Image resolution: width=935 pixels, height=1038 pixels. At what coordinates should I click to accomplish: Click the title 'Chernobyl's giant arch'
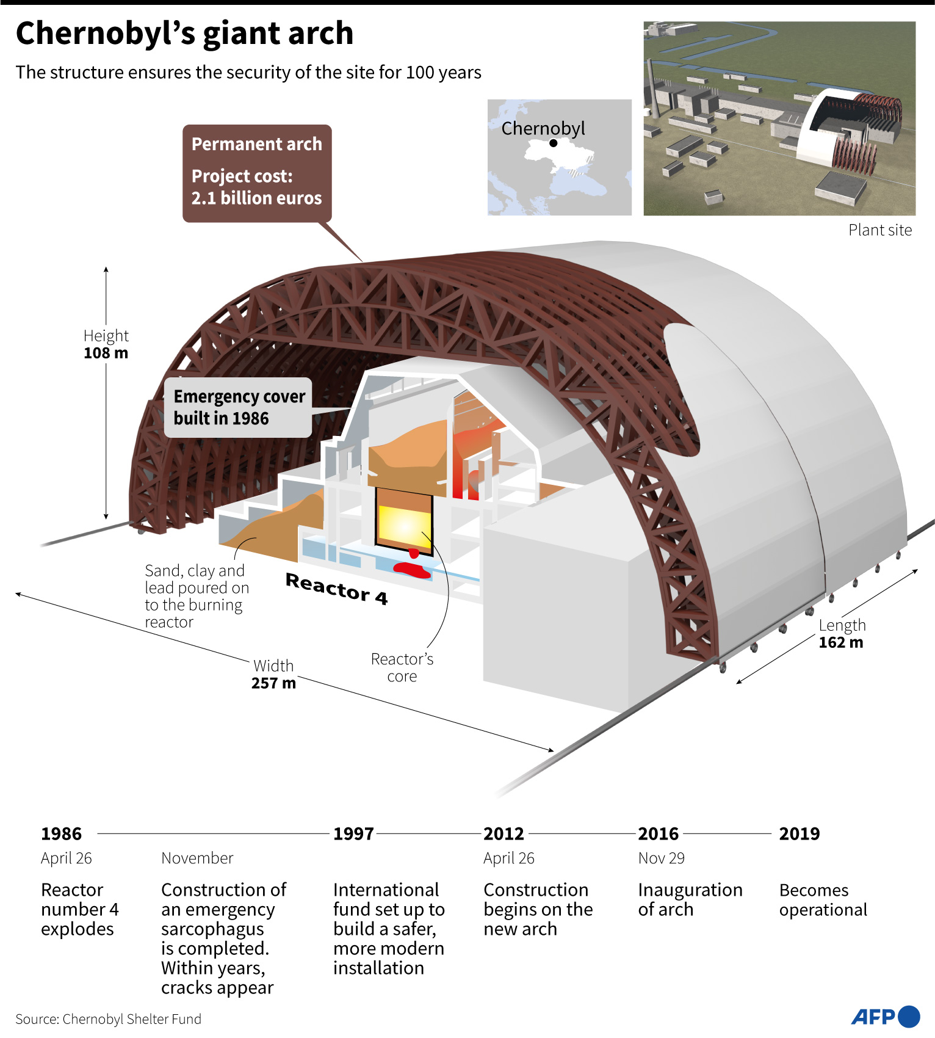[x=184, y=34]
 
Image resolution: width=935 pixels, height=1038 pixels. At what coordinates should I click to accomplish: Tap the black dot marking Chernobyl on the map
[x=553, y=143]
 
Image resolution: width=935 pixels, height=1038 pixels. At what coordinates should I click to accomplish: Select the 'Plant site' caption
[x=879, y=230]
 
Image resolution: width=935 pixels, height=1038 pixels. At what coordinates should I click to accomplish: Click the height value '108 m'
[x=106, y=353]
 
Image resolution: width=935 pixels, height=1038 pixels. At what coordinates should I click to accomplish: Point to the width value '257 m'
[x=273, y=683]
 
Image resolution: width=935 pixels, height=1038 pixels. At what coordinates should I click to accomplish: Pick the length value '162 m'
[x=840, y=642]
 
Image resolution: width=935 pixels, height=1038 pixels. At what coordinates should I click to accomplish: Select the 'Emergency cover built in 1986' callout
[x=239, y=407]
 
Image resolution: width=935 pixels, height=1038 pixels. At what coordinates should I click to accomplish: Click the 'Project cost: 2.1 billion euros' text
[x=256, y=187]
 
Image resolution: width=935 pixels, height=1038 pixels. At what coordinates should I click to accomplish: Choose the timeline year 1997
[x=353, y=833]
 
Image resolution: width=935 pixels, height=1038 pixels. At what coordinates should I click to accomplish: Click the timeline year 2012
[x=504, y=833]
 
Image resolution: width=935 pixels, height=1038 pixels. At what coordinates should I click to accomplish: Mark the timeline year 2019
[x=799, y=833]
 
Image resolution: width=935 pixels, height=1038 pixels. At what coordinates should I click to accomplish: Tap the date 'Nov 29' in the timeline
[x=661, y=858]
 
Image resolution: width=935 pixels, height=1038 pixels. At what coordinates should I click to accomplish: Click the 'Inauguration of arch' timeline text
[x=690, y=899]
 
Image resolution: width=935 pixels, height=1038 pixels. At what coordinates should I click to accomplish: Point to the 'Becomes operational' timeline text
[x=823, y=899]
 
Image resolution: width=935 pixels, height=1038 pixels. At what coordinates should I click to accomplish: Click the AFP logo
[x=885, y=1017]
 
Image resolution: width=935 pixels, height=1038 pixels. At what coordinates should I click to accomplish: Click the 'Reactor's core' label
[x=402, y=667]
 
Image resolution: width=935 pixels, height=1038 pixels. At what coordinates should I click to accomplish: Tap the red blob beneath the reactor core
[x=413, y=570]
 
